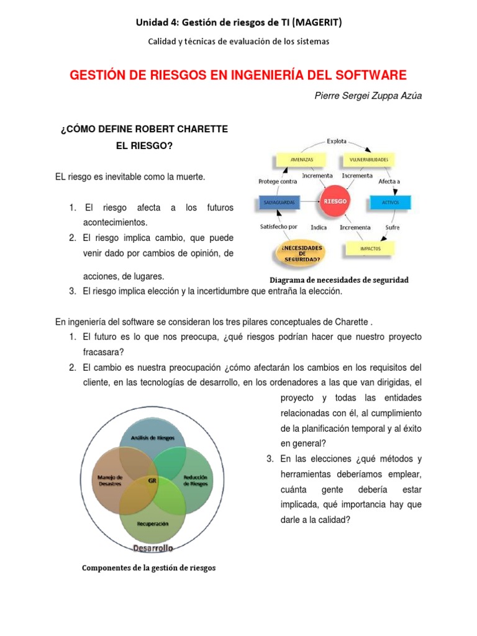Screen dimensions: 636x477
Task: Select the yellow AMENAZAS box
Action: click(302, 160)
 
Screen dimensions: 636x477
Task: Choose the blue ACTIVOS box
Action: click(390, 202)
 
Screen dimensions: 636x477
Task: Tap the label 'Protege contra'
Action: click(278, 181)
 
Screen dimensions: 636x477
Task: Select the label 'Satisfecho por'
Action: click(278, 227)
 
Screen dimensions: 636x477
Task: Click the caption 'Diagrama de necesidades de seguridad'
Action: click(338, 280)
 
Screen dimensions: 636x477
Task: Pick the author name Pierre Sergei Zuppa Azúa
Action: click(369, 96)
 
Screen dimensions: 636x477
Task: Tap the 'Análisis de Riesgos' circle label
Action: click(153, 437)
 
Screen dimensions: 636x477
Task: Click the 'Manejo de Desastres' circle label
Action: click(111, 480)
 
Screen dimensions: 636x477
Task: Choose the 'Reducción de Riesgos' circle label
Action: click(195, 480)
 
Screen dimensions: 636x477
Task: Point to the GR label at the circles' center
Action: click(152, 480)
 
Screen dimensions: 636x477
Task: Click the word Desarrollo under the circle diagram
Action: click(153, 547)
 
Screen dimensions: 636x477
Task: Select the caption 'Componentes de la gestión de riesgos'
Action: click(149, 568)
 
